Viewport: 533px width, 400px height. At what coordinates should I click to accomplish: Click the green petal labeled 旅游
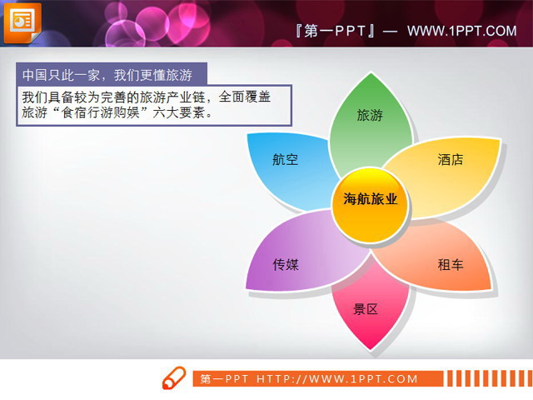click(x=370, y=117)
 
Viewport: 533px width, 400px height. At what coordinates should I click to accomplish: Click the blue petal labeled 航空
click(x=286, y=160)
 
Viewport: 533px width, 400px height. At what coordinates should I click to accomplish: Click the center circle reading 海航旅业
click(x=370, y=200)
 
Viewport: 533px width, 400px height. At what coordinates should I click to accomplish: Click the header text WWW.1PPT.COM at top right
click(x=462, y=32)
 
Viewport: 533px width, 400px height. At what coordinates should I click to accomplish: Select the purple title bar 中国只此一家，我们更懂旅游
click(x=112, y=73)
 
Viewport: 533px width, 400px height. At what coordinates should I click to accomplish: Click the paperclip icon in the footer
click(x=173, y=377)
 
